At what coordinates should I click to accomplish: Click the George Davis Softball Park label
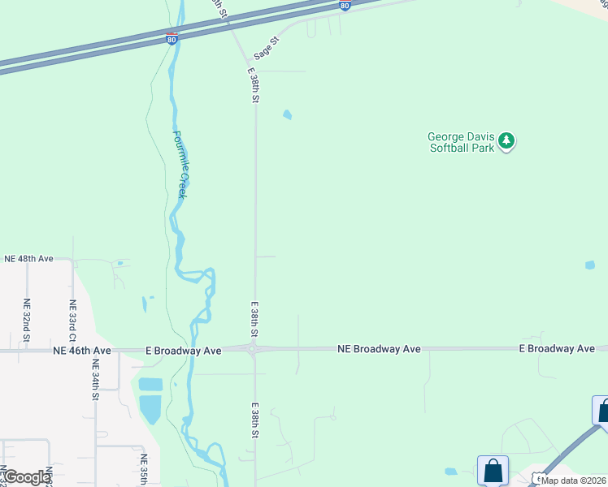(461, 142)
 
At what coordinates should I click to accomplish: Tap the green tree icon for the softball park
(507, 141)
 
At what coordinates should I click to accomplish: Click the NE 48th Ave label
(28, 258)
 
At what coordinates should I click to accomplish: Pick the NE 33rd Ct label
(72, 319)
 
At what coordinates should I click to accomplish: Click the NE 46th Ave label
(81, 351)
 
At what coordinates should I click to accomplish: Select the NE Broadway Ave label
(379, 348)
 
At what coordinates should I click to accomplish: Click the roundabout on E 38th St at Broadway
(254, 350)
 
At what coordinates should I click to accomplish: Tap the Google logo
(26, 477)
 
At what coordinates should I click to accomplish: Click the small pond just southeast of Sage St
(287, 114)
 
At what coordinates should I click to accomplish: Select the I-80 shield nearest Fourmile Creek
(171, 39)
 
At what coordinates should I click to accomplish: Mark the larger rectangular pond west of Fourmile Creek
(150, 410)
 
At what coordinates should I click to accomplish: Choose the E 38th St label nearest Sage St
(254, 84)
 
